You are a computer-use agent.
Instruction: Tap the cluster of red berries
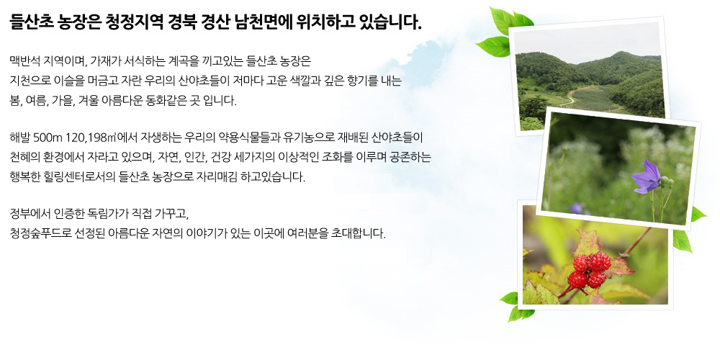coord(589,271)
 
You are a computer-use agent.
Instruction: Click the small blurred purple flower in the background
coord(577,209)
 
